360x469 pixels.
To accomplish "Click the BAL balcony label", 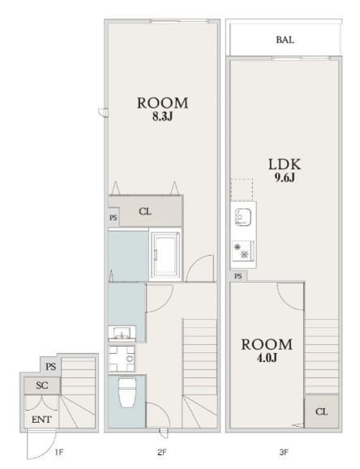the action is (x=285, y=40).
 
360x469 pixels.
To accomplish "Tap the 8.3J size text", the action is (x=163, y=117).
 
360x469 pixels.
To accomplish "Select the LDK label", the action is (x=285, y=164).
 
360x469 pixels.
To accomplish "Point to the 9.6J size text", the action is (x=285, y=177).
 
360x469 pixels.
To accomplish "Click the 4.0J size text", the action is (x=267, y=358).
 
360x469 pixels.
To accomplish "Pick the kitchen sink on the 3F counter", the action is (x=243, y=217).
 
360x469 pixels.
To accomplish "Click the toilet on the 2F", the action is (x=127, y=392).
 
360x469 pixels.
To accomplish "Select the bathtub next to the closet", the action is (x=165, y=254).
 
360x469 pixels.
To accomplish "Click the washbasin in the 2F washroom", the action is (x=122, y=334).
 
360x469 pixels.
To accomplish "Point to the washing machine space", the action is (x=122, y=359).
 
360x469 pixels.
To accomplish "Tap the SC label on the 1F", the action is (x=42, y=386).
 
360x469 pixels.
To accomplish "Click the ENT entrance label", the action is (x=41, y=420).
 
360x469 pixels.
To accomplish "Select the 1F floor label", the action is (x=59, y=452).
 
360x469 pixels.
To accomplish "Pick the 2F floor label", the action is (x=161, y=452).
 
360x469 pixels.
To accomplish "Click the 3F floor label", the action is (x=283, y=452).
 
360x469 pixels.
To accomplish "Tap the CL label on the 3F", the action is (x=321, y=411).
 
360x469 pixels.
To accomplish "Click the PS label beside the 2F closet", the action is (x=114, y=218).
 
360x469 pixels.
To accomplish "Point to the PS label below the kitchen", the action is (x=238, y=275).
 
